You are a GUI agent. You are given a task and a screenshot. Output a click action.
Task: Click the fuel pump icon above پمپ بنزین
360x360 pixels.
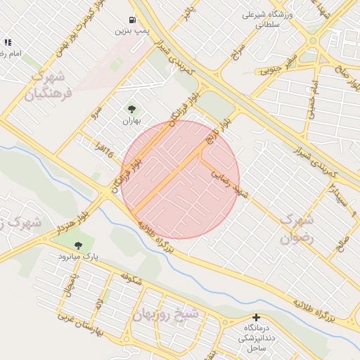pos(132,20)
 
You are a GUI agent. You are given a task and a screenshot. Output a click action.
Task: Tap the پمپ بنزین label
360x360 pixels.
pos(132,32)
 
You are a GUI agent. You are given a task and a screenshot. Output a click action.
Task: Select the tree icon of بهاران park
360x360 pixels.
pos(131,109)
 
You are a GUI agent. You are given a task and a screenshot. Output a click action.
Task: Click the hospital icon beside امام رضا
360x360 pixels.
pos(8,43)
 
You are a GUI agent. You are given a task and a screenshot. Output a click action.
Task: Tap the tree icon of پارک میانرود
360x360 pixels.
pos(78,245)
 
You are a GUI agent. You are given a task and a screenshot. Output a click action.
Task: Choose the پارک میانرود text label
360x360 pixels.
pos(78,257)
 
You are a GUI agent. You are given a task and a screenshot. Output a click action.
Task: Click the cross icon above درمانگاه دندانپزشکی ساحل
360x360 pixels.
pos(256,318)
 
